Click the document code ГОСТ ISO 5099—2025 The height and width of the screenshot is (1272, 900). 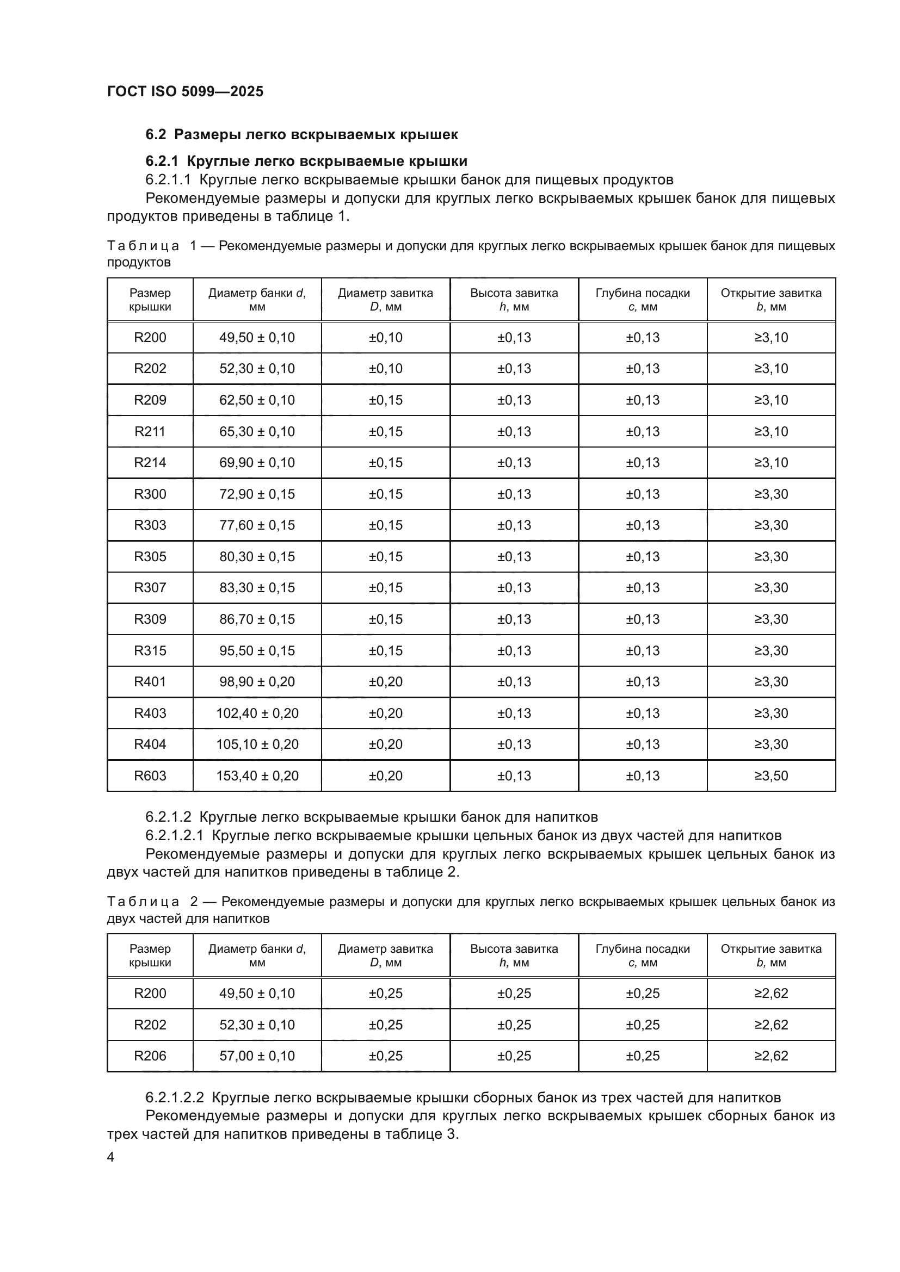[185, 91]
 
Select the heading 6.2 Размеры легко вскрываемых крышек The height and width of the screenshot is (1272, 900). [301, 135]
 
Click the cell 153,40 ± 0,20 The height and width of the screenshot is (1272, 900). [257, 775]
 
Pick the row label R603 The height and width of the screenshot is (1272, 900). [150, 775]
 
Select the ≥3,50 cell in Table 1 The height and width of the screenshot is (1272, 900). [771, 775]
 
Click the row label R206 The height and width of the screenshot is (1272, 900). [150, 1056]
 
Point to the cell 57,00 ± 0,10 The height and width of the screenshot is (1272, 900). [257, 1056]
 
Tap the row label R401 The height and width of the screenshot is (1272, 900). [150, 681]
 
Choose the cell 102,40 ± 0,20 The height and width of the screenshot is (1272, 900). [257, 713]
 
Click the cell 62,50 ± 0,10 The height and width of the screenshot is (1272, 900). [257, 400]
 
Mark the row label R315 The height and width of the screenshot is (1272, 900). [150, 650]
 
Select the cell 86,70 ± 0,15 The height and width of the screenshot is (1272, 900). [257, 619]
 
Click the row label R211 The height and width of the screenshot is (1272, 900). [150, 432]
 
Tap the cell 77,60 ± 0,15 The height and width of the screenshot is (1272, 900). [257, 525]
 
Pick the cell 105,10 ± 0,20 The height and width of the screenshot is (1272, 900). [257, 744]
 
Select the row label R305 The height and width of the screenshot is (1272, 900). [150, 556]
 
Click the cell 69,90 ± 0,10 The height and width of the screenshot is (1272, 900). [257, 463]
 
